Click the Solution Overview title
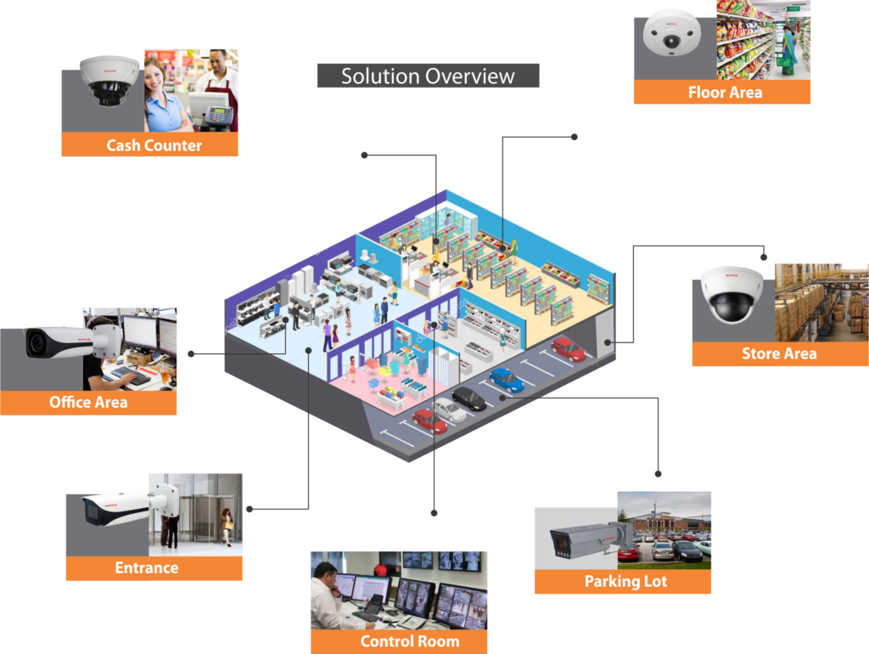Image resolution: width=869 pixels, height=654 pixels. coord(428,76)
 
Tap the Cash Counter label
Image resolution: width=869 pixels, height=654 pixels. coord(154,145)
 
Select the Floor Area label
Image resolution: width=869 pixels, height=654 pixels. coord(725,93)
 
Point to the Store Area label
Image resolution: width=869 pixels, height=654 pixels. coord(779,354)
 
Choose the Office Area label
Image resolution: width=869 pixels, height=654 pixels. coord(88,403)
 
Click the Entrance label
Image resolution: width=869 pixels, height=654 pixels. coord(147,568)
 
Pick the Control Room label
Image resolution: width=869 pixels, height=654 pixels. coord(409,641)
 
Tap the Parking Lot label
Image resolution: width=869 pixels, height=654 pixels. coord(625,582)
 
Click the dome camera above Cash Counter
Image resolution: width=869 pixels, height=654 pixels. coord(109,81)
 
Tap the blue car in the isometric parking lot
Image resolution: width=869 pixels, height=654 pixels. coord(507,380)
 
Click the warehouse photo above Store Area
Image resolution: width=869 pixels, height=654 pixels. coord(821,302)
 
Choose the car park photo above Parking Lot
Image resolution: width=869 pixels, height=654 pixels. coord(664,527)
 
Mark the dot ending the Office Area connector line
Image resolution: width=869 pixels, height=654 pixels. coord(191,353)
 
